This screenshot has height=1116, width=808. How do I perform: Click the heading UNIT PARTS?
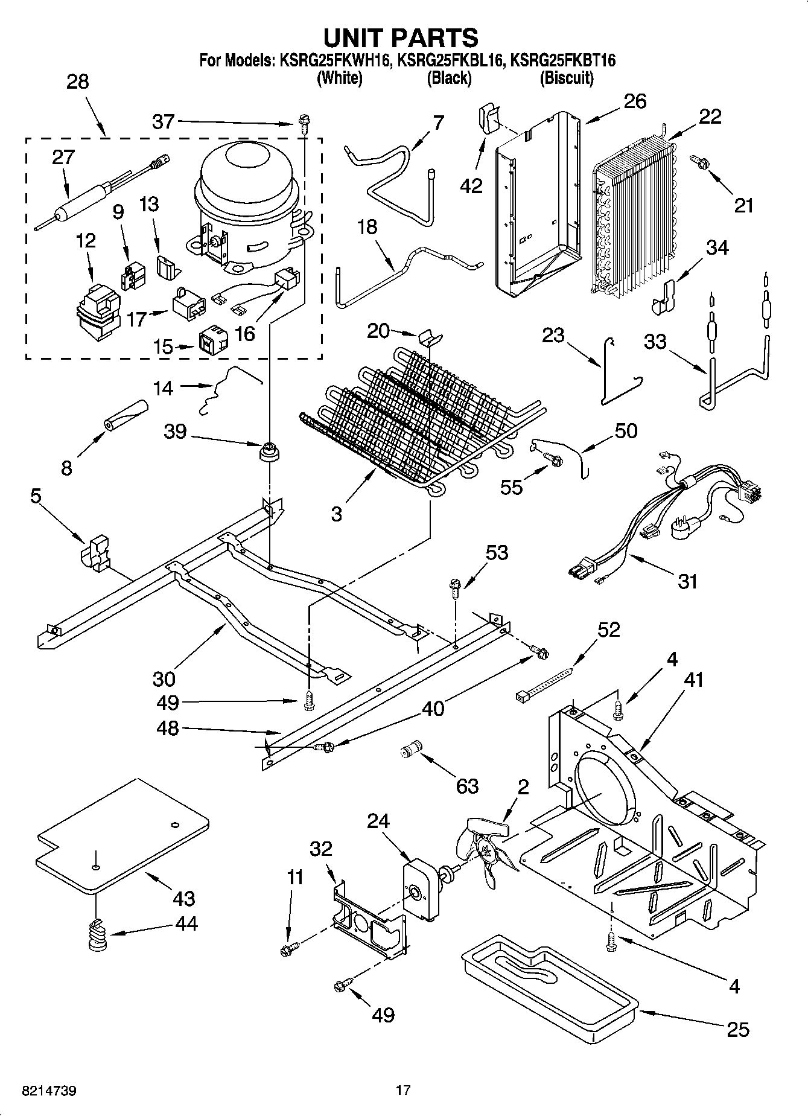coord(401,37)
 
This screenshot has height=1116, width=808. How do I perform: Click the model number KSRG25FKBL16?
coord(450,60)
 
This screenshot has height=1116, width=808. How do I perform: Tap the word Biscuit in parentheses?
coord(566,78)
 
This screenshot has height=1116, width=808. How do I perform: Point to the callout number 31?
coord(687,581)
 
